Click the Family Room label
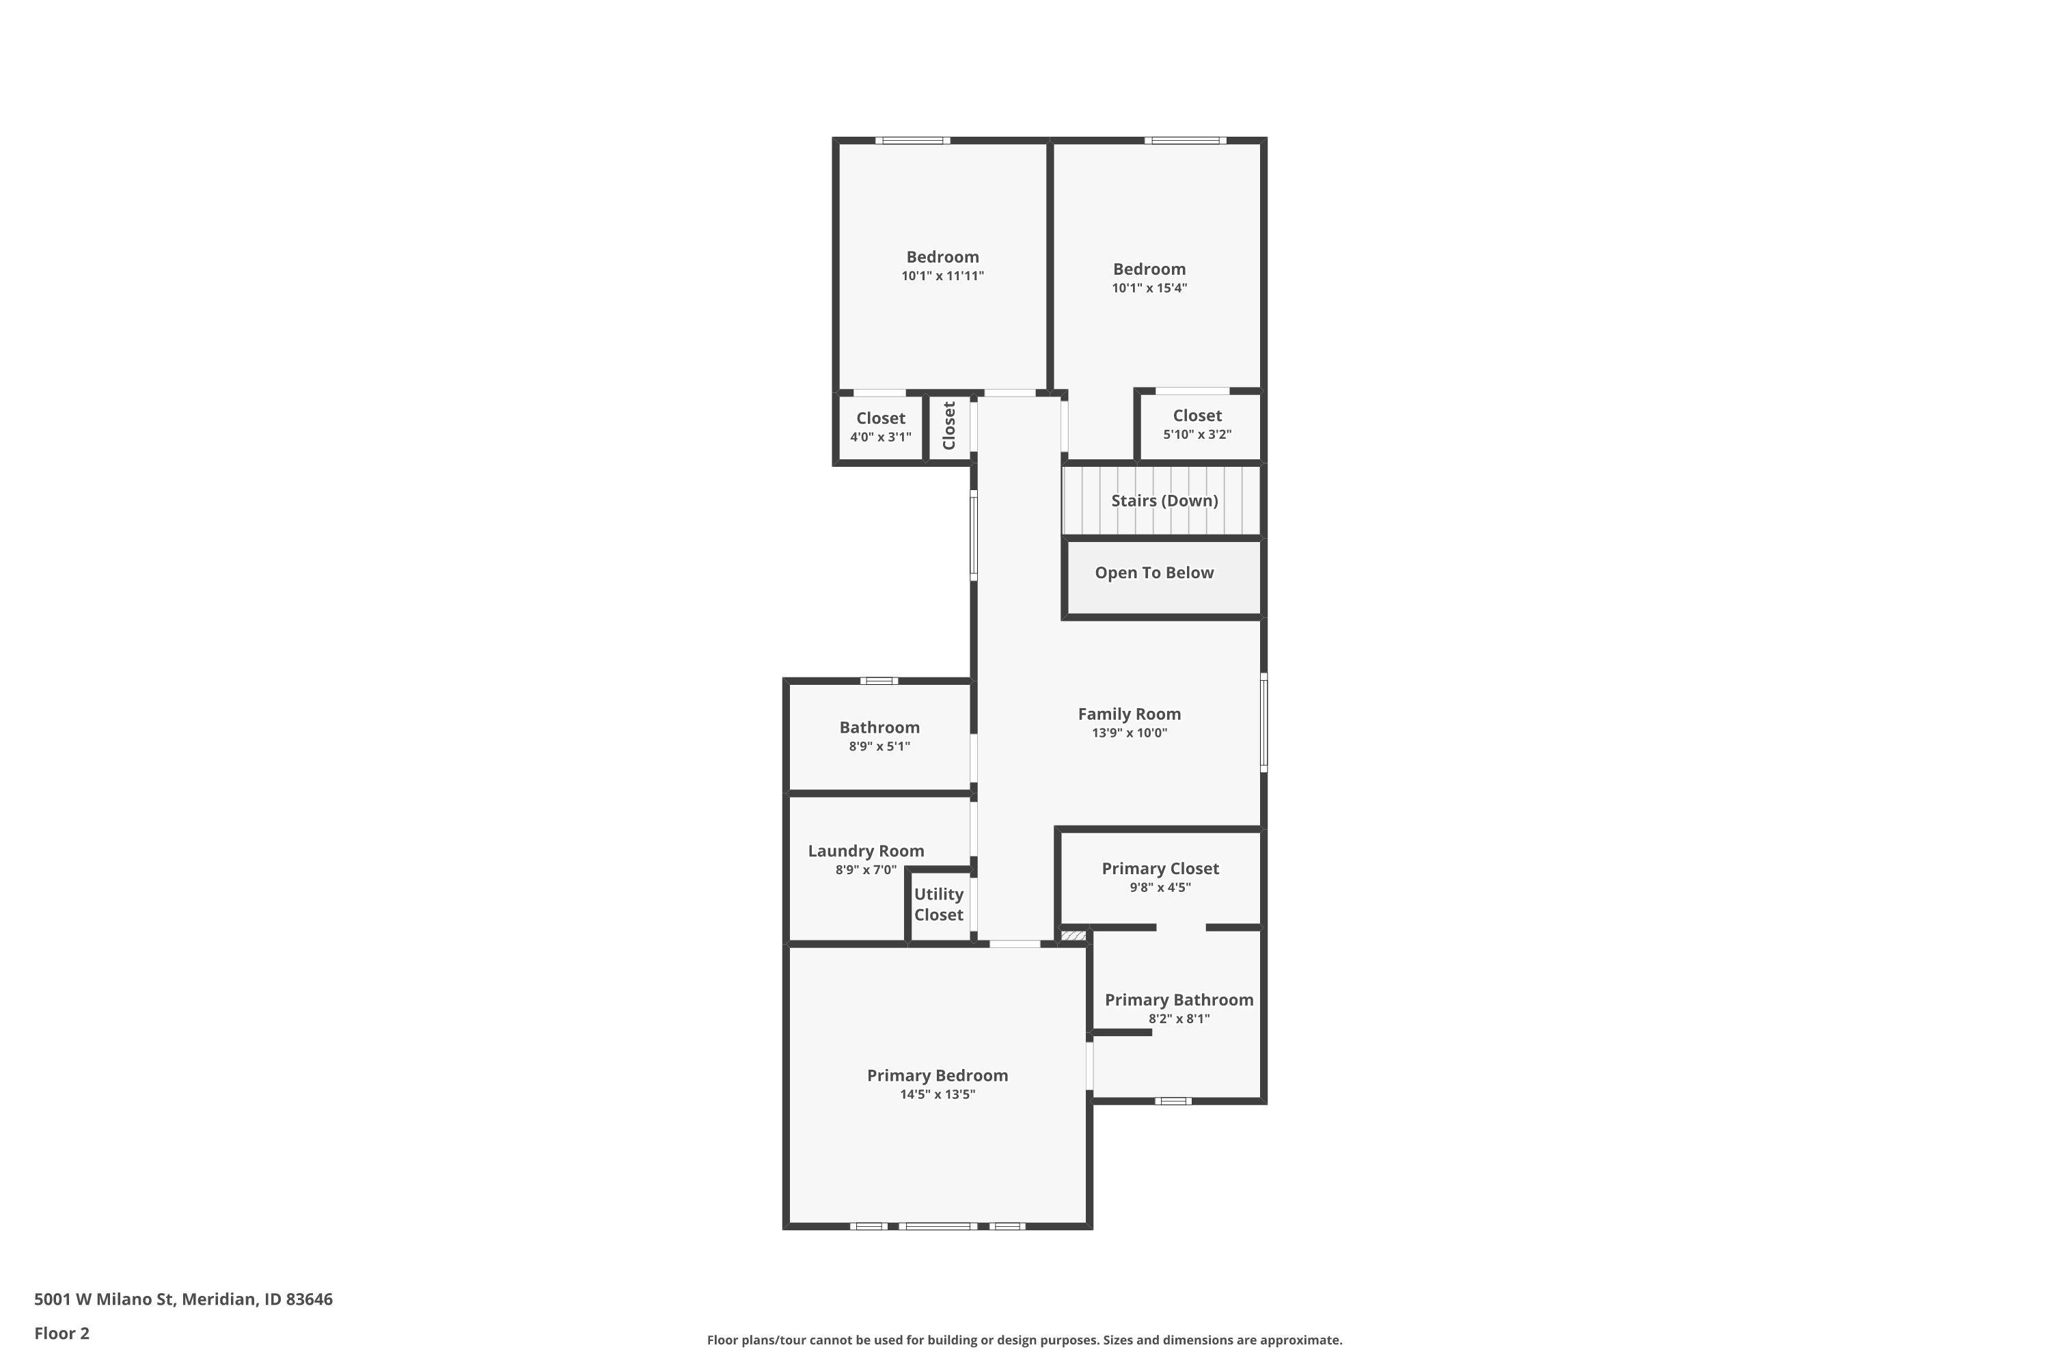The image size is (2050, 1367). pos(1129,714)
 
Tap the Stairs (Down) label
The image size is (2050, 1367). pos(1164,500)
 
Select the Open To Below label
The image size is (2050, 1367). pos(1154,573)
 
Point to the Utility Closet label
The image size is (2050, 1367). pos(939,904)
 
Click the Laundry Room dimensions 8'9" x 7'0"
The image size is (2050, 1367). pos(866,870)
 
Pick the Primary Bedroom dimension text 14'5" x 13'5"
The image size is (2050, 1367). pos(937,1094)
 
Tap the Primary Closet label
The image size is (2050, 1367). pos(1160,868)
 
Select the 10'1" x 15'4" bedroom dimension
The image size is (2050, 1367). pos(1149,288)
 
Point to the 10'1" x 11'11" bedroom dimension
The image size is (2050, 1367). pos(942,275)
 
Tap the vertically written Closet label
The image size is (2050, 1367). pos(949,425)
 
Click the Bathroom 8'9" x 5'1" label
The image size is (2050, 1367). pos(879,736)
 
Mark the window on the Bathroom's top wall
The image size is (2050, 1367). pos(879,681)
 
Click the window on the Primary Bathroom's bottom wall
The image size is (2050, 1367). pos(1173,1101)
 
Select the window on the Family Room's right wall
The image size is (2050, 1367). pos(1263,722)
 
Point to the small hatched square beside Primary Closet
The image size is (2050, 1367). pos(1073,936)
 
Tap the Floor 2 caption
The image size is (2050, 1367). pos(62,1333)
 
